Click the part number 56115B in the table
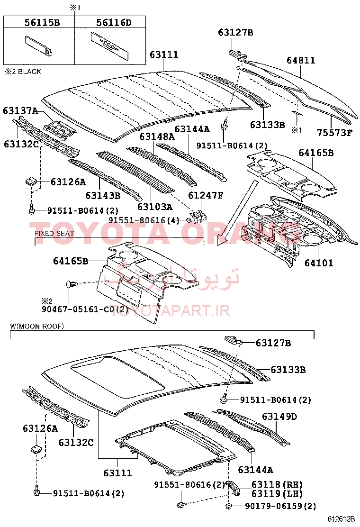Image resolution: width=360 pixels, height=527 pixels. click(x=42, y=23)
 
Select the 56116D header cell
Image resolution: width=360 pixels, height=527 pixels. click(x=114, y=23)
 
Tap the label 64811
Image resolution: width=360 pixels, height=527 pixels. click(x=301, y=60)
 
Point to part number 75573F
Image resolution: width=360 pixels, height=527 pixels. click(x=335, y=132)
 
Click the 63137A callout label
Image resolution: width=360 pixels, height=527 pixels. click(x=20, y=110)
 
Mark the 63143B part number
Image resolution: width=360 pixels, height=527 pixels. click(x=103, y=195)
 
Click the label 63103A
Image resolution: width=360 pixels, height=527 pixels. click(x=155, y=206)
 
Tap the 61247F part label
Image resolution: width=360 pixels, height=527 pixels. click(x=206, y=195)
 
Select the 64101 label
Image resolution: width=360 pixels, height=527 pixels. click(x=319, y=263)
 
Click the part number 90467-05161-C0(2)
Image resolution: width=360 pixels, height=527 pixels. click(x=85, y=309)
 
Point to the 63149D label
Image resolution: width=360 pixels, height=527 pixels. click(x=279, y=417)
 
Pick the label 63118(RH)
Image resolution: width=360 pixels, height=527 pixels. click(x=277, y=484)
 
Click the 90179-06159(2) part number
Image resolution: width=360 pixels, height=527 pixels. click(x=280, y=506)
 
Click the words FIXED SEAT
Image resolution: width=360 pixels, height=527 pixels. click(x=54, y=233)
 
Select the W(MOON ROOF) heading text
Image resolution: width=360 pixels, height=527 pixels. click(x=37, y=326)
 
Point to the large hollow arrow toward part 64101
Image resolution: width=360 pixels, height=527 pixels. click(x=238, y=213)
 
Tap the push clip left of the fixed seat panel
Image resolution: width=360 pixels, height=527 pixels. click(x=72, y=284)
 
